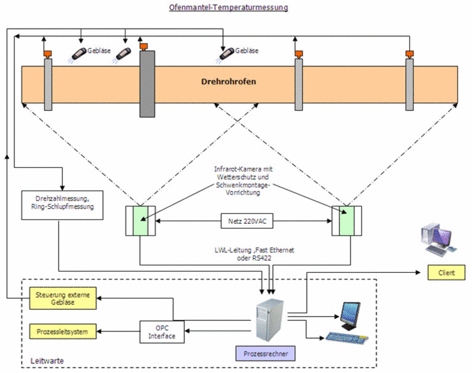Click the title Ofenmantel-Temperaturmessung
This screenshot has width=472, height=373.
click(x=229, y=7)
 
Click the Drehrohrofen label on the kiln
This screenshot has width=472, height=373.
click(x=229, y=81)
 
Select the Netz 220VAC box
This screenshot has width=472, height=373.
click(x=247, y=219)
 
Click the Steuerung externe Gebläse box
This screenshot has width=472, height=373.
click(x=62, y=298)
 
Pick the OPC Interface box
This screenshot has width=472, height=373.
click(x=162, y=332)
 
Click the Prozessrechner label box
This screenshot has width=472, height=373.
click(x=265, y=354)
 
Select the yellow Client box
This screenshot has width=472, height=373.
click(x=446, y=272)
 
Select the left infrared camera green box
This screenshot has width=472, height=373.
click(x=144, y=219)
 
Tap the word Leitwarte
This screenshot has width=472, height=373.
click(x=47, y=361)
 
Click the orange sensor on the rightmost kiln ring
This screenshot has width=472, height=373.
click(x=409, y=54)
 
